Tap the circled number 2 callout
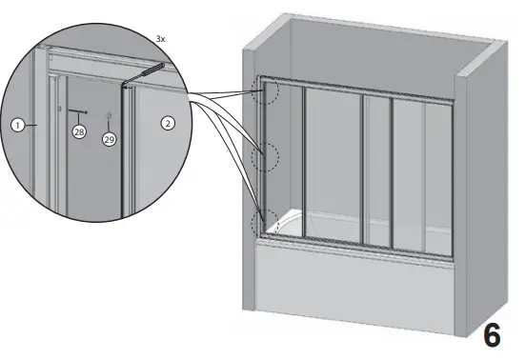pyautogui.click(x=168, y=124)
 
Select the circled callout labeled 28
pyautogui.click(x=79, y=132)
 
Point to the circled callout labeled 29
pyautogui.click(x=109, y=139)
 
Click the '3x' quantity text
pyautogui.click(x=161, y=38)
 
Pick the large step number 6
pyautogui.click(x=494, y=334)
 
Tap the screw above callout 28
pyautogui.click(x=75, y=110)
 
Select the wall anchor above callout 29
pyautogui.click(x=109, y=117)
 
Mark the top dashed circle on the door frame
pyautogui.click(x=266, y=90)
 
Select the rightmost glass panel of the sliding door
pyautogui.click(x=419, y=171)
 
